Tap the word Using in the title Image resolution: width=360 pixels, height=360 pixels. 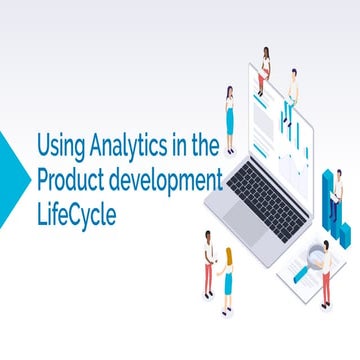point(59,148)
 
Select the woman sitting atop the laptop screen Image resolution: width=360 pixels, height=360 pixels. point(265,64)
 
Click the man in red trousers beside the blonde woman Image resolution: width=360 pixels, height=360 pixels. point(209,262)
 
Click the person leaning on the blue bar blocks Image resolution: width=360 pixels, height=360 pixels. point(336,195)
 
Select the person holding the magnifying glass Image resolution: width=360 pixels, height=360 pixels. point(325,274)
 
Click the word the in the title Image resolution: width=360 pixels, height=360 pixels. point(204,148)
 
